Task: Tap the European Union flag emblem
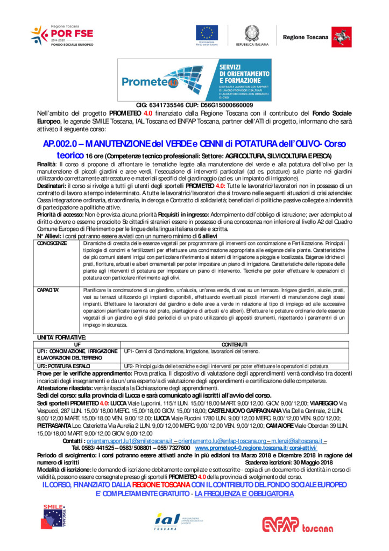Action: (x=206, y=33)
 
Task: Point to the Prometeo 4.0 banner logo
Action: (x=194, y=80)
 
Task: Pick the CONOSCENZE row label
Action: (x=52, y=243)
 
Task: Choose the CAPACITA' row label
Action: (x=48, y=290)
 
